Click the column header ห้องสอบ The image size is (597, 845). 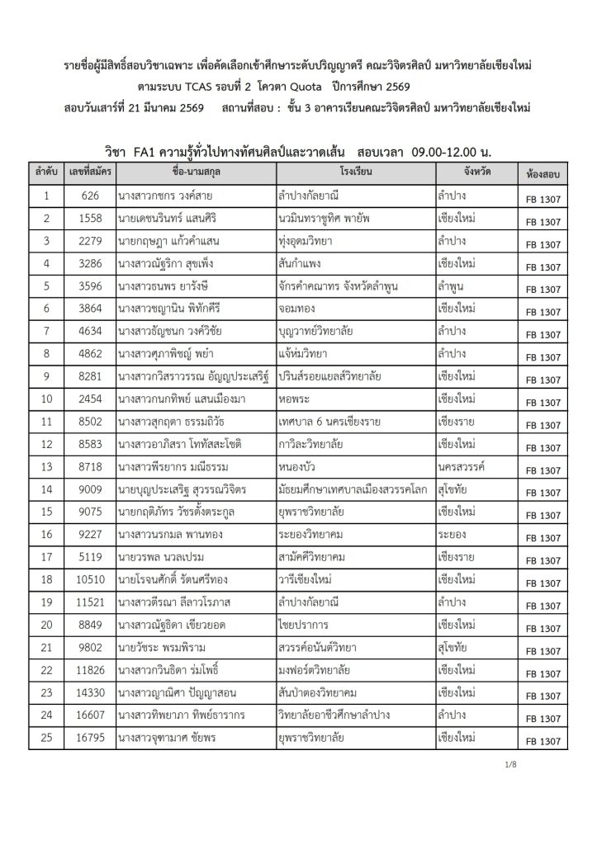(542, 176)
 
